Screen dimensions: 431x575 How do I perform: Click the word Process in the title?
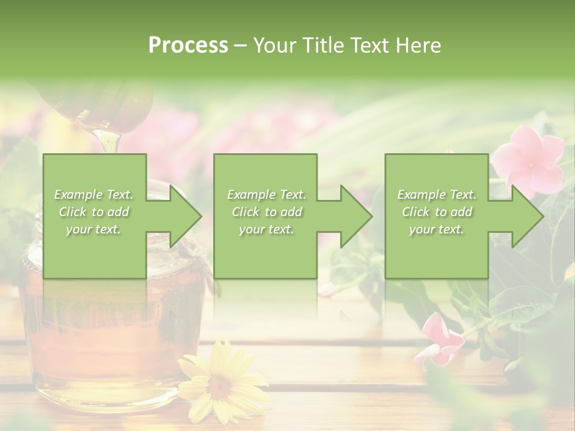188,45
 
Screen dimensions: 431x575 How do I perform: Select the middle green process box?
265,251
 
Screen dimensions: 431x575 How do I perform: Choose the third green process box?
436,251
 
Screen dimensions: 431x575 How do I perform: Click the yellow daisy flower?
222,383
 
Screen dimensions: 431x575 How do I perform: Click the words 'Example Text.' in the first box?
94,195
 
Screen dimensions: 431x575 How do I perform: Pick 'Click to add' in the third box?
437,212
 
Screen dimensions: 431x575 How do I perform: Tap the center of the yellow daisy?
220,386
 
